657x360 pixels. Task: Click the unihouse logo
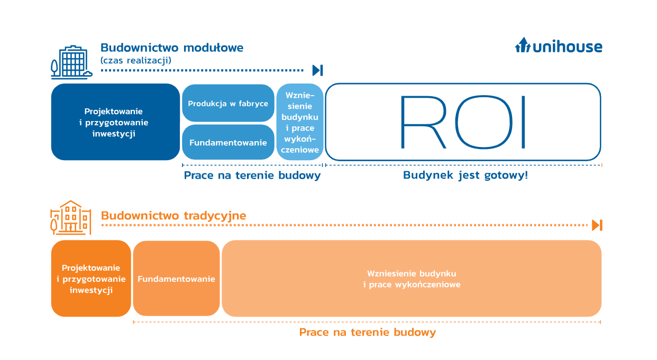[x=559, y=46]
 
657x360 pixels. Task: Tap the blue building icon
[x=71, y=62]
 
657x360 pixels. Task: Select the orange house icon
[x=71, y=217]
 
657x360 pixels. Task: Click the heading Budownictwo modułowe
[x=172, y=48]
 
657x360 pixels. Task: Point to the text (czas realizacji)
[x=135, y=60]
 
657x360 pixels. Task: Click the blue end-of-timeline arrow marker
[x=317, y=70]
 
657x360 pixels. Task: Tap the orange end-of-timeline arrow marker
[x=597, y=225]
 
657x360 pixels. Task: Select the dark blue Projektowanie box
[x=115, y=122]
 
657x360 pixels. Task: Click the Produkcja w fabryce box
[x=228, y=103]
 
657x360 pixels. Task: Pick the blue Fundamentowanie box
[x=228, y=142]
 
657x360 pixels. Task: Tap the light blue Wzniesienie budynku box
[x=300, y=122]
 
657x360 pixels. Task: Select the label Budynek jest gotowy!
[x=466, y=175]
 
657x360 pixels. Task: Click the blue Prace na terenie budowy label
[x=252, y=175]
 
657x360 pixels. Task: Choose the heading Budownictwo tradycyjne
[x=174, y=216]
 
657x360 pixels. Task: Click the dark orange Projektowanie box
[x=91, y=279]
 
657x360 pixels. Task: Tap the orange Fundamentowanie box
[x=176, y=279]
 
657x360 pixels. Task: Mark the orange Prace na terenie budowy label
[x=368, y=332]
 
